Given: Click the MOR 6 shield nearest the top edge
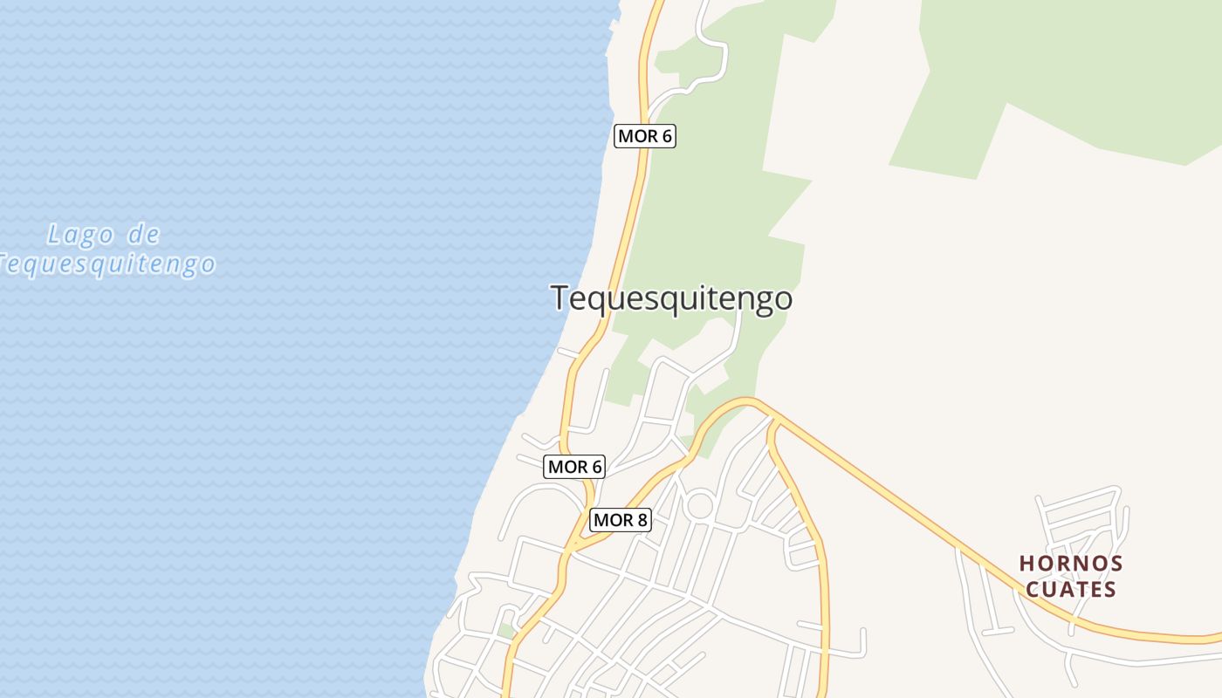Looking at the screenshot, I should (x=645, y=136).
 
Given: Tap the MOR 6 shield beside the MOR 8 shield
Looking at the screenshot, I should (x=574, y=467).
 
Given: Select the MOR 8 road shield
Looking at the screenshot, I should (x=621, y=521).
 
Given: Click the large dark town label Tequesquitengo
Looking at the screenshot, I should (x=671, y=298).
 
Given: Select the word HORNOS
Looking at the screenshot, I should (x=1071, y=564).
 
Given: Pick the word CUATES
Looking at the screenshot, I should (x=1071, y=590).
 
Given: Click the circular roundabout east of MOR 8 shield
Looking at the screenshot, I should (x=700, y=505).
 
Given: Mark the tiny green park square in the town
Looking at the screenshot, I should (x=506, y=631).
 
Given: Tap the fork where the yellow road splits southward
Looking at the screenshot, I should (x=772, y=422).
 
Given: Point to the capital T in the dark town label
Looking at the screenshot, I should (x=560, y=298).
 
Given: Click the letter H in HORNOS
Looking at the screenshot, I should (x=1026, y=564).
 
